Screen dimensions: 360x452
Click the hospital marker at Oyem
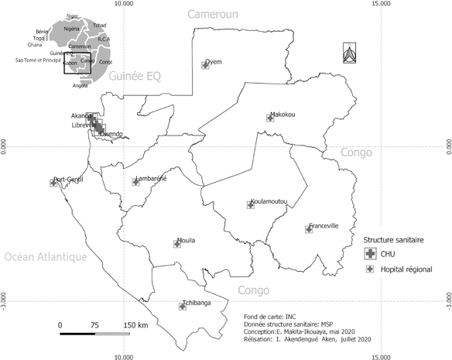pyautogui.click(x=205, y=66)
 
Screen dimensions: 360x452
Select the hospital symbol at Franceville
pyautogui.click(x=309, y=230)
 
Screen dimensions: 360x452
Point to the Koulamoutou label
pyautogui.click(x=268, y=201)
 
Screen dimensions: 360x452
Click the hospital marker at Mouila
pyautogui.click(x=177, y=244)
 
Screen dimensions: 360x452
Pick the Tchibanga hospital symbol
pyautogui.click(x=183, y=307)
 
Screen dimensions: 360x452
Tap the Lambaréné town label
pyautogui.click(x=151, y=179)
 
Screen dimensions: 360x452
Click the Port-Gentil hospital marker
pyautogui.click(x=53, y=183)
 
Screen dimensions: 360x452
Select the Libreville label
pyautogui.click(x=84, y=125)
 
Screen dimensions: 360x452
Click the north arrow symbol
pyautogui.click(x=348, y=53)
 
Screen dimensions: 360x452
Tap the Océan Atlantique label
pyautogui.click(x=42, y=257)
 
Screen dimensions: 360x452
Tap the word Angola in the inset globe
pyautogui.click(x=80, y=85)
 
